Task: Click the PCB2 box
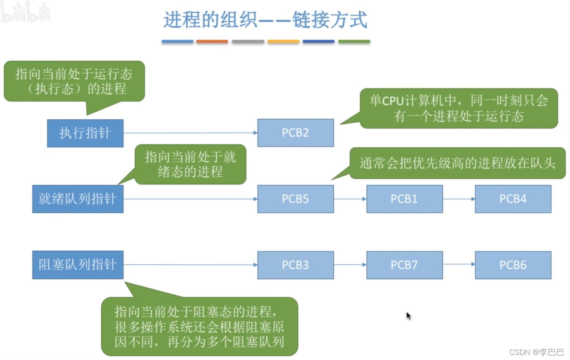point(295,133)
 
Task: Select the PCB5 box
point(295,199)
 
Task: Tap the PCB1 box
point(404,199)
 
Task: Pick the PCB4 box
point(513,199)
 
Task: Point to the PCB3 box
point(295,265)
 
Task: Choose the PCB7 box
point(404,265)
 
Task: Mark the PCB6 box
point(513,265)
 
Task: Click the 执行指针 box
point(85,133)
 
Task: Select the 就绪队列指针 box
point(78,199)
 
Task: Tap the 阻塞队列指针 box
point(78,265)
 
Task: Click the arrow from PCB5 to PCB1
point(350,199)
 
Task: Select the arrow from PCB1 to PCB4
point(459,199)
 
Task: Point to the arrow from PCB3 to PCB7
point(350,264)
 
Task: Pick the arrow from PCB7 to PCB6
point(459,264)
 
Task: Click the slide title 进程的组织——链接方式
point(265,20)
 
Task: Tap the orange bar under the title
point(212,42)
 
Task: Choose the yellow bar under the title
point(283,42)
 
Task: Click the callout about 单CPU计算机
point(459,108)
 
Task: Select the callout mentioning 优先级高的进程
point(457,163)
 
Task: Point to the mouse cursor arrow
point(408,316)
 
